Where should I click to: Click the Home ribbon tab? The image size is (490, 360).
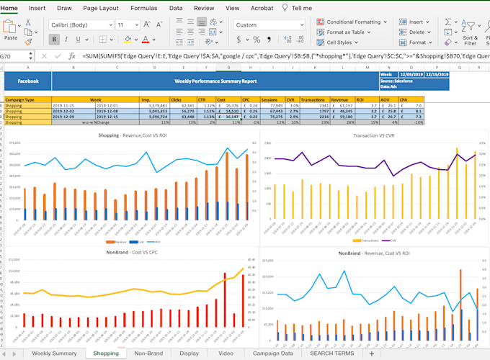[9, 8]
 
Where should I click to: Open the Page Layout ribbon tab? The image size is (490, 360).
[100, 8]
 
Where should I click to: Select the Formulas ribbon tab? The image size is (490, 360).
[143, 8]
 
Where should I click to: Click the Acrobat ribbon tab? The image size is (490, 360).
[262, 8]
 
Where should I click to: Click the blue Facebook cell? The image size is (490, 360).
[27, 81]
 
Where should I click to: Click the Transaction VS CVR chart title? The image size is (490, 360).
[374, 135]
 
